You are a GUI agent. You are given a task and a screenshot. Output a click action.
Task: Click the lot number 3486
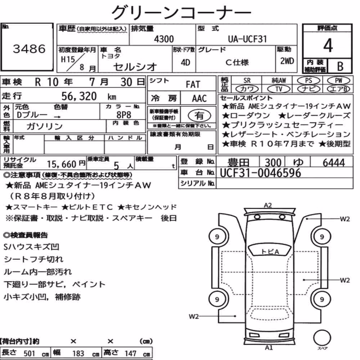tap(29, 49)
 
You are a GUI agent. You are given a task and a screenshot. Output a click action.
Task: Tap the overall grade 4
tap(328, 45)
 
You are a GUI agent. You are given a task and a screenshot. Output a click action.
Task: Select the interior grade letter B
tap(340, 66)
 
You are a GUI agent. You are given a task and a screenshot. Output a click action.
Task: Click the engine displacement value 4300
tap(164, 39)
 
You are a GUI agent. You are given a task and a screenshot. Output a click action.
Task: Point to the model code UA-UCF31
tap(248, 39)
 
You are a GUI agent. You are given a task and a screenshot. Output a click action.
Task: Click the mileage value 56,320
tap(79, 96)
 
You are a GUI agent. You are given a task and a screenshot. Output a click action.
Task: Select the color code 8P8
tap(124, 115)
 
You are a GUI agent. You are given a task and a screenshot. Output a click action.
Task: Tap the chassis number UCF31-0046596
tap(260, 173)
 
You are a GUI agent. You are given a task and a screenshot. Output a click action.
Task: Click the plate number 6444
tap(334, 163)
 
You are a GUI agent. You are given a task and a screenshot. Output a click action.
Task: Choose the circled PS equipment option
tap(309, 81)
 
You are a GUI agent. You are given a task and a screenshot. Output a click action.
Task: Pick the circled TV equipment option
tap(279, 89)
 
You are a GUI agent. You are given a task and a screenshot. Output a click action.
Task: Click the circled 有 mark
tap(199, 116)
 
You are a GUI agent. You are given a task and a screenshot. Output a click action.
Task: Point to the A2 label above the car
tap(268, 205)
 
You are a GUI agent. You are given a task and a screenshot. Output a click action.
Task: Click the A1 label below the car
tap(269, 348)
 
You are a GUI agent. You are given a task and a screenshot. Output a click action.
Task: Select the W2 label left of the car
tap(194, 316)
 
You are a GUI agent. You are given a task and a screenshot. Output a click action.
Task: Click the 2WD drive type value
tap(287, 61)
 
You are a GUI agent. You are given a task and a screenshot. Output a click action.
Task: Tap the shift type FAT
tap(193, 85)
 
